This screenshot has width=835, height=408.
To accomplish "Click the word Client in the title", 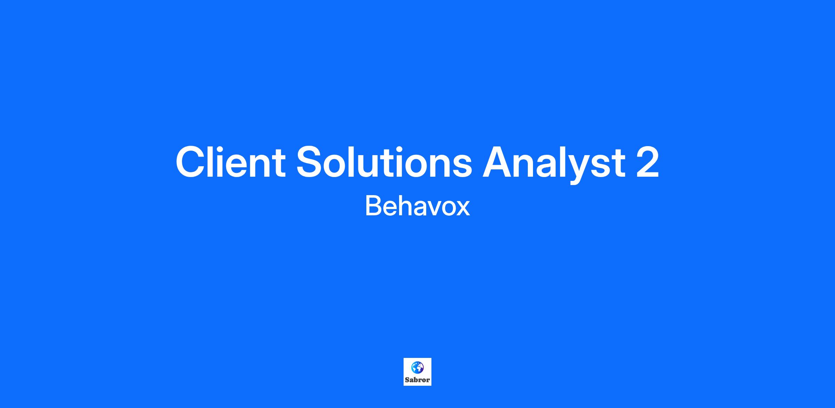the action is [230, 162].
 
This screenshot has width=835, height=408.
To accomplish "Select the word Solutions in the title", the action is [384, 162].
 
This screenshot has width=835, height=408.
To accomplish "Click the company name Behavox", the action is [417, 206].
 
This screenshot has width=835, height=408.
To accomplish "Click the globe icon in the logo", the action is [417, 367].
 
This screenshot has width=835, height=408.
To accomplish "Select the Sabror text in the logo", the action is [417, 380].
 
